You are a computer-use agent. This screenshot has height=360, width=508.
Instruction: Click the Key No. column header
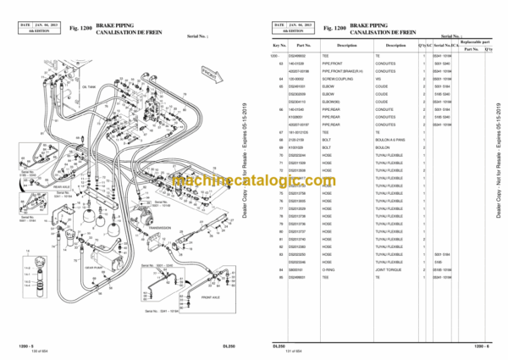279,46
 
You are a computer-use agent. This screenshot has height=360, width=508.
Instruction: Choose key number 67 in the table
281,133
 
